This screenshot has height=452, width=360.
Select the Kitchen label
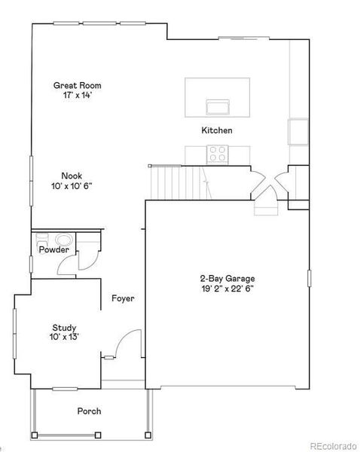click(216, 131)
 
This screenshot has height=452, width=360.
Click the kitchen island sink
click(217, 105)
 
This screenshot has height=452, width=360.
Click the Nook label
click(72, 176)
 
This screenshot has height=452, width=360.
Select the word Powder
click(54, 249)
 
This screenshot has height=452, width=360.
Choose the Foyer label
click(123, 298)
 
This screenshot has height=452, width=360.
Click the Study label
click(63, 327)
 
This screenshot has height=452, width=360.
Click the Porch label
click(89, 411)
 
